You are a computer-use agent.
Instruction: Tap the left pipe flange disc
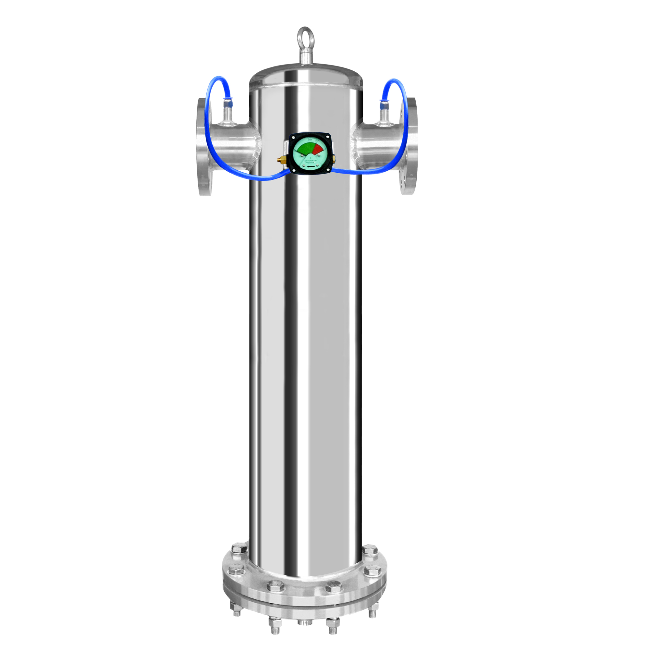click(x=204, y=147)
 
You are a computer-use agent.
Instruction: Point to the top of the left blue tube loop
click(x=218, y=78)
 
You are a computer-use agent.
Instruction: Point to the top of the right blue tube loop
click(x=395, y=80)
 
